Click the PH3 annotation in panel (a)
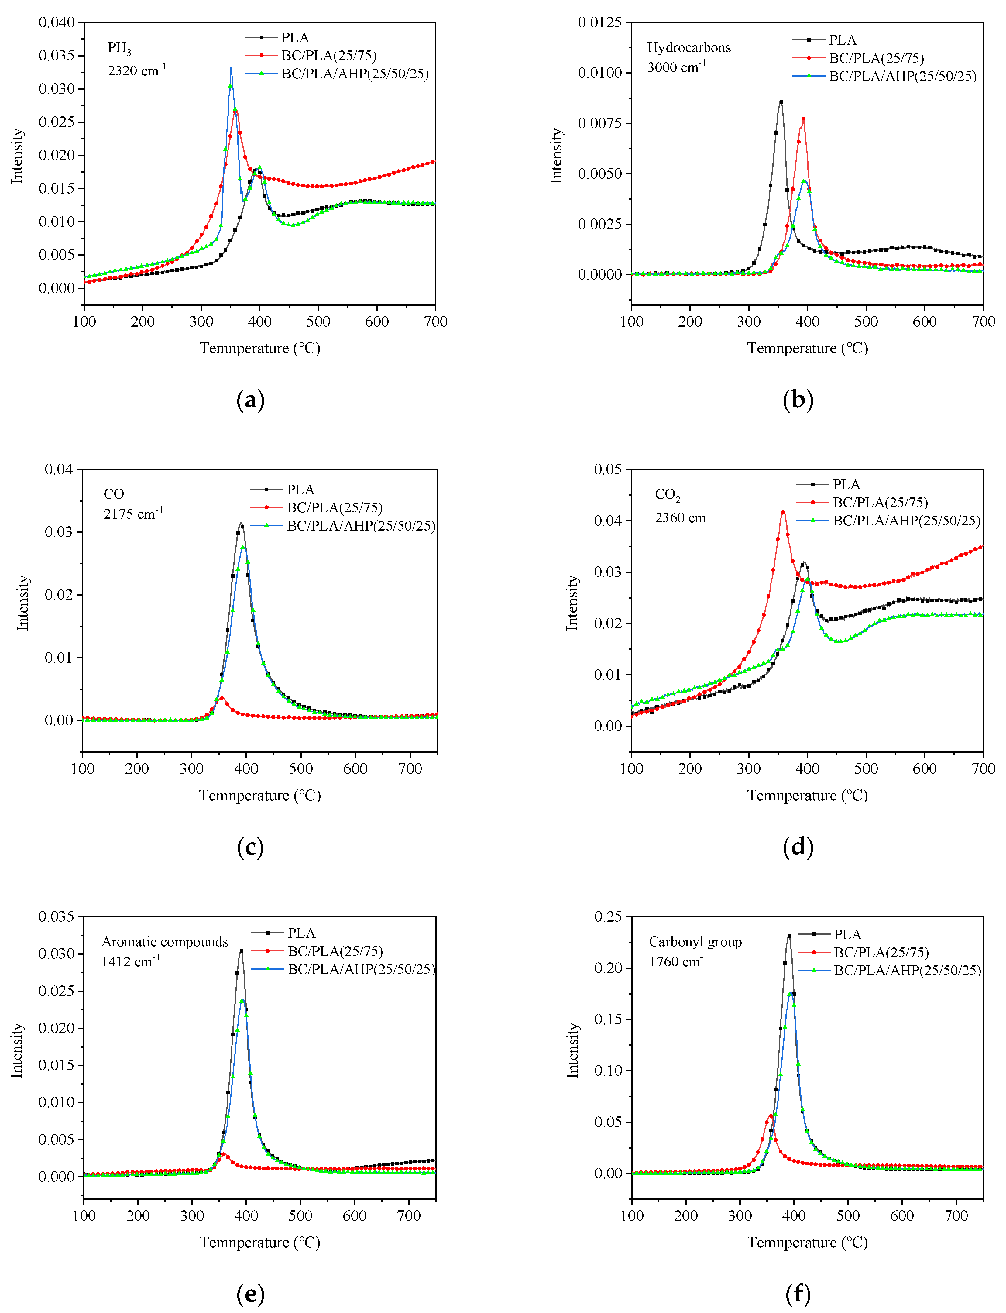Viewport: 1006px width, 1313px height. tap(119, 48)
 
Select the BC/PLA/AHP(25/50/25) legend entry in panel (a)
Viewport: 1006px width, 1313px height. tap(355, 74)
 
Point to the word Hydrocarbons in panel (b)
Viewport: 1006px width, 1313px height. tap(688, 48)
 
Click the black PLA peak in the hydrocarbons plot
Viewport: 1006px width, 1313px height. tap(781, 102)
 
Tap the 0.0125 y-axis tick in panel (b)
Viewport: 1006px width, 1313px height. tap(600, 23)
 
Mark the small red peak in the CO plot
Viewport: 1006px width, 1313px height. tap(221, 697)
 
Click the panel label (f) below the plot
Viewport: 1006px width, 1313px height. tap(798, 1294)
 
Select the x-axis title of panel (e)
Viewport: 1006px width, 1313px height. tap(260, 1242)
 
